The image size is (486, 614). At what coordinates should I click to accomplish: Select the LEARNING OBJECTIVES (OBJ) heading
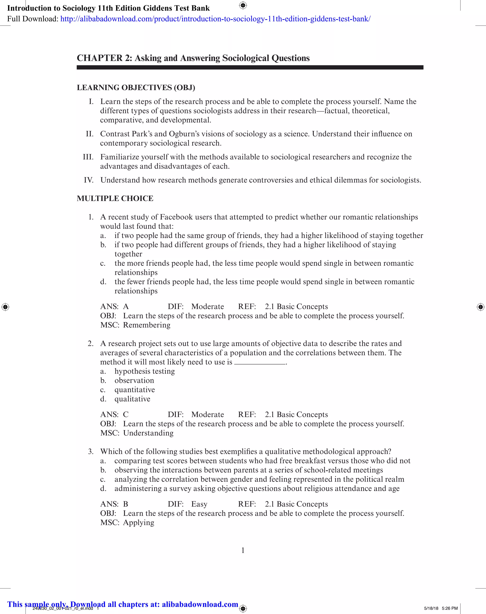coord(136,87)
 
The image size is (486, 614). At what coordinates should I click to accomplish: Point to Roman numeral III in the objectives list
coord(88,157)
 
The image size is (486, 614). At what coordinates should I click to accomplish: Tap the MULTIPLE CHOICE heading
coord(115,198)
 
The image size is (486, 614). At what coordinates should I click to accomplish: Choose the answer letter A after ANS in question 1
coord(126,306)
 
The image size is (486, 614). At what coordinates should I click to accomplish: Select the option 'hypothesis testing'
coord(145,371)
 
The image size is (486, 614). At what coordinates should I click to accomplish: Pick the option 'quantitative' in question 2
coord(135,389)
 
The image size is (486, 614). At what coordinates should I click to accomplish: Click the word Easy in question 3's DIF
coord(199,504)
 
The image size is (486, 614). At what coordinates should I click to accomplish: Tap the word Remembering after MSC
coord(147,325)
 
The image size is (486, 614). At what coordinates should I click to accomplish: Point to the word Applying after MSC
coord(139,522)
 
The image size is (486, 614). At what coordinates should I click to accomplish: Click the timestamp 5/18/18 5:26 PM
coord(441,608)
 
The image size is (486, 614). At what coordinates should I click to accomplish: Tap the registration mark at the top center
coord(243,5)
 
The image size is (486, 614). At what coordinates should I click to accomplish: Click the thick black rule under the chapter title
coord(250,67)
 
